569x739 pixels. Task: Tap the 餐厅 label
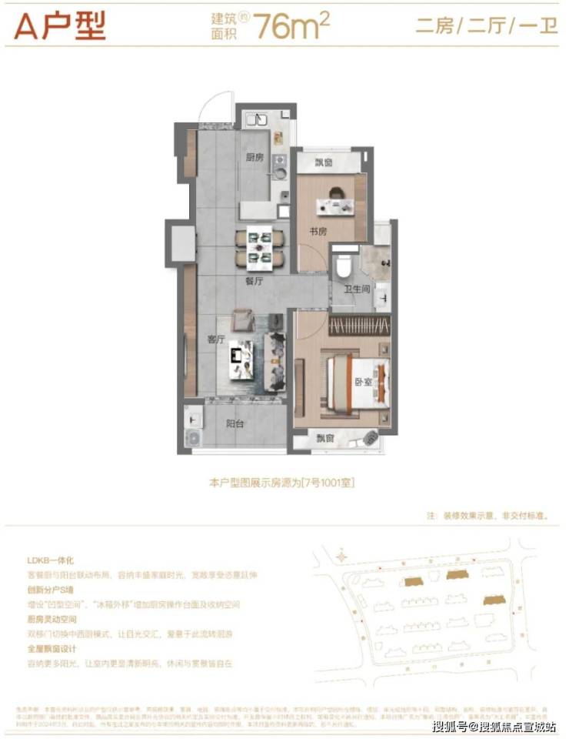255,282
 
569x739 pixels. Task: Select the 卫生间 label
357,289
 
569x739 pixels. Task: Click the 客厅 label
216,339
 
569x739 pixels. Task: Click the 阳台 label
235,423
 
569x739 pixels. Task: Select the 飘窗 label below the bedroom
326,438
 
